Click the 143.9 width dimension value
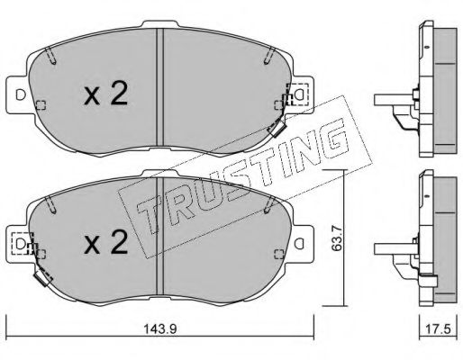[160, 329]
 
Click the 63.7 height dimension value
[336, 238]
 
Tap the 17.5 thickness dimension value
[439, 329]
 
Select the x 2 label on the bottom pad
[105, 242]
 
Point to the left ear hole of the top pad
[21, 95]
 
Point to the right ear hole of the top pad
[299, 95]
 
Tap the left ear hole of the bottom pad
[21, 244]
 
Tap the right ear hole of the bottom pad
[299, 244]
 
